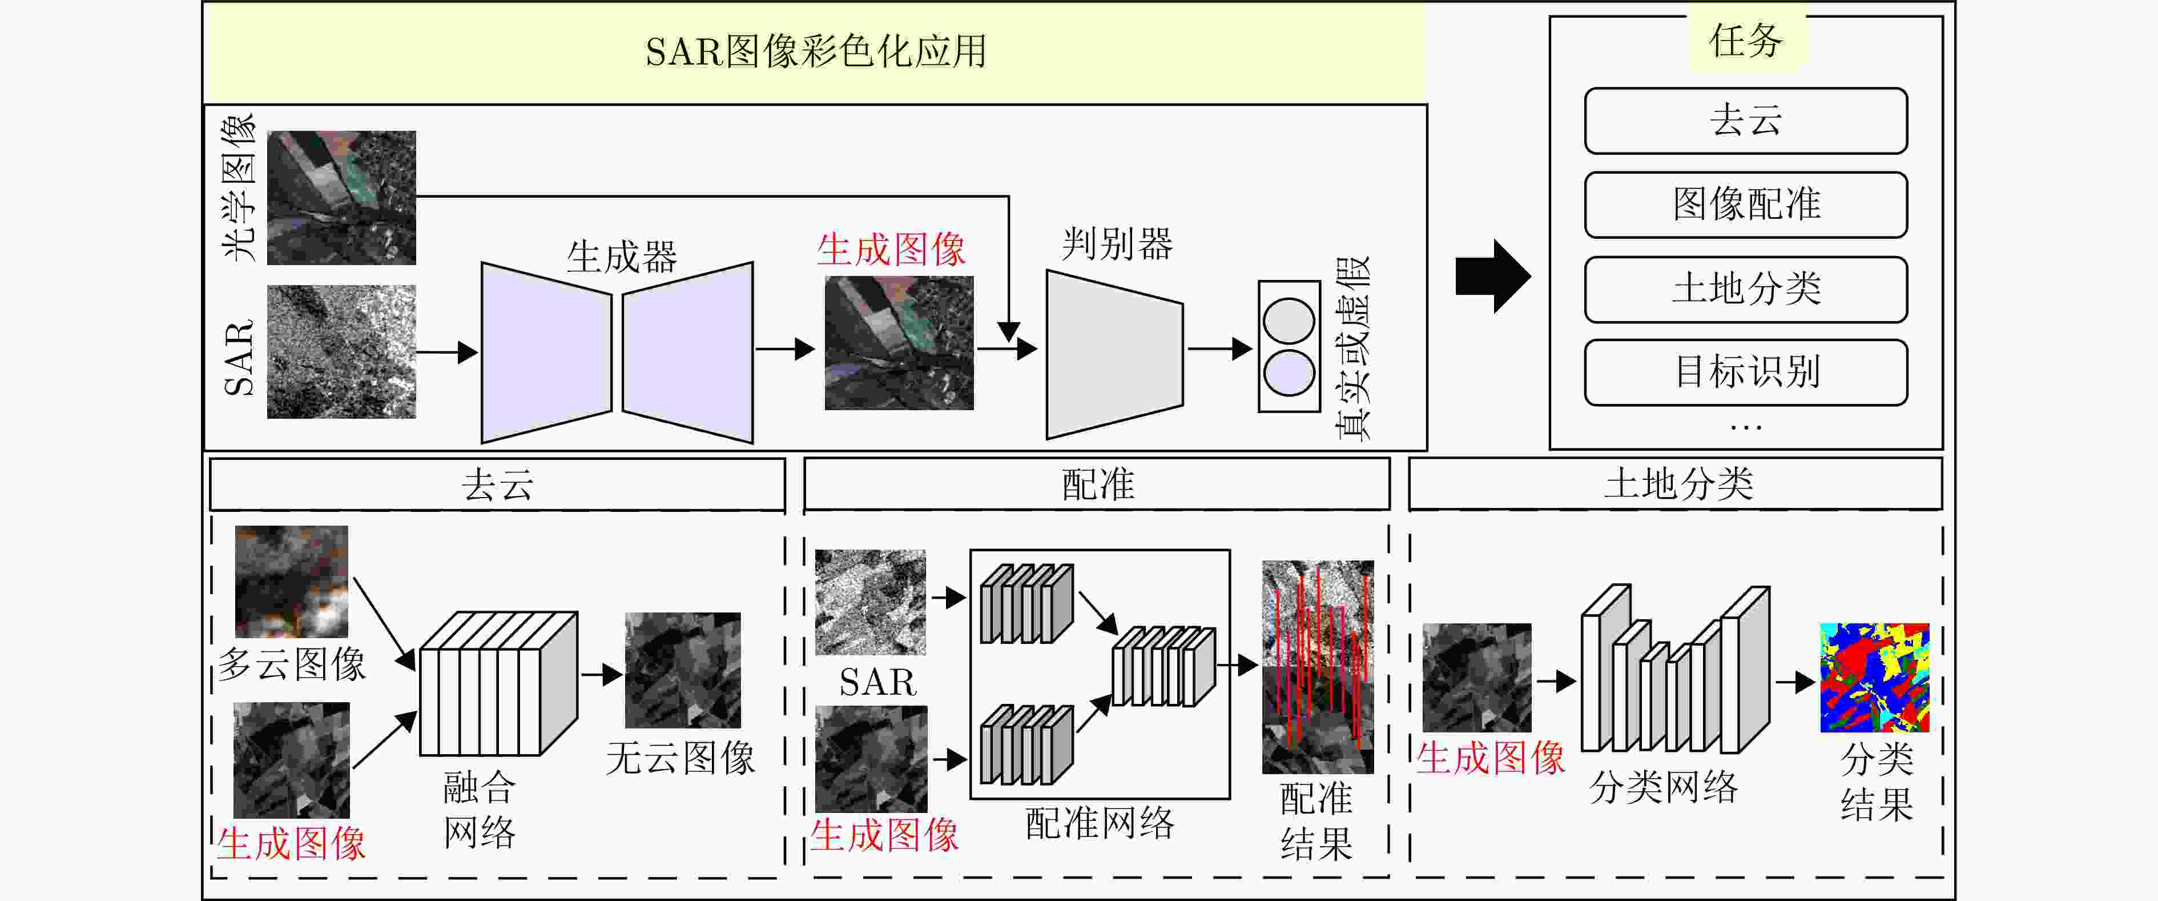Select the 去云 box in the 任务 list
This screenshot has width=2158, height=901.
pos(1746,121)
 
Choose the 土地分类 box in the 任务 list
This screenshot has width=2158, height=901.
pos(1746,289)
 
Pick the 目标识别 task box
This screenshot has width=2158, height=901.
pos(1746,372)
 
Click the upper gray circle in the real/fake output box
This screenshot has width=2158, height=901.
pos(1289,321)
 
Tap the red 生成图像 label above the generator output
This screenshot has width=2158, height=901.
pos(891,250)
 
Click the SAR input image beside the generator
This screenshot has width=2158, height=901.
pos(341,352)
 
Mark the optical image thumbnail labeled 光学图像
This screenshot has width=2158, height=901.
pos(341,198)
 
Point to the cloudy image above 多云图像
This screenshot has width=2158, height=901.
pos(292,581)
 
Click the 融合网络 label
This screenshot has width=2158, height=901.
pos(479,810)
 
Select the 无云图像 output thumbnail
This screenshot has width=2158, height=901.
pos(683,671)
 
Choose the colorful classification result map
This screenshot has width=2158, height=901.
pos(1875,677)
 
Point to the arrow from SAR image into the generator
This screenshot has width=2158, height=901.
pos(446,352)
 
